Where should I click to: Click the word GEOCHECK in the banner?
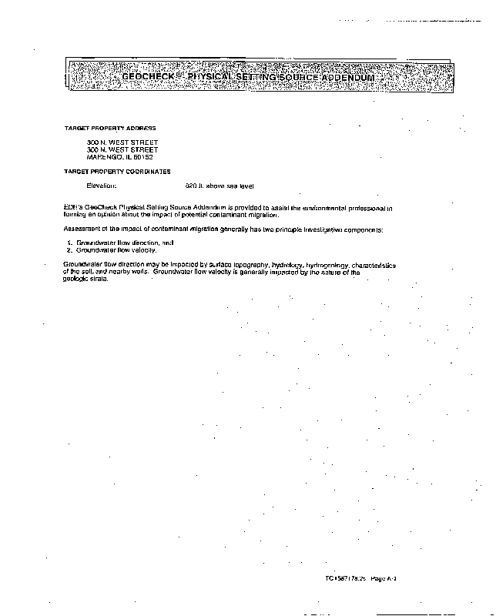150,78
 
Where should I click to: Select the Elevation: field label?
101,186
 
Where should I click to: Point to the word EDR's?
72,208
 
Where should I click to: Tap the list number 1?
69,243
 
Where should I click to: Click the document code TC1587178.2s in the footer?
345,578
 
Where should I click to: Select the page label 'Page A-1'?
383,578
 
